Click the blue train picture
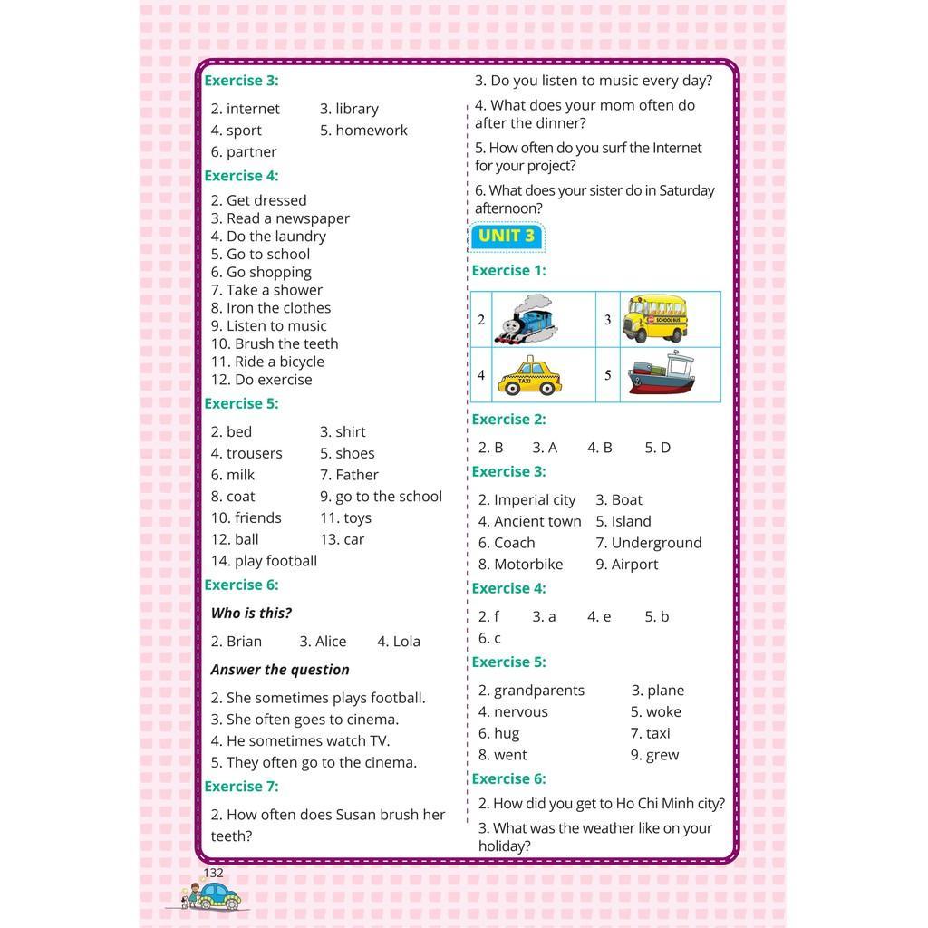click(x=527, y=320)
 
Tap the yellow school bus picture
click(x=655, y=318)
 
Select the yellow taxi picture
click(x=529, y=375)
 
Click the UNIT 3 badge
click(x=507, y=237)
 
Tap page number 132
click(x=213, y=873)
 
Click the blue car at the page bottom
click(x=218, y=896)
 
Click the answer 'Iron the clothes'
click(x=278, y=308)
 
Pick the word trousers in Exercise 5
click(x=254, y=453)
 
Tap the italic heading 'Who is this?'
click(x=251, y=614)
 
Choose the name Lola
click(x=406, y=642)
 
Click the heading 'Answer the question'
click(x=280, y=670)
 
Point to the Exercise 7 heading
click(x=241, y=787)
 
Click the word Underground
click(x=656, y=543)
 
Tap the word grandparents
click(x=538, y=691)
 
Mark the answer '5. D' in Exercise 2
click(x=657, y=448)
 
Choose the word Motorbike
click(x=528, y=565)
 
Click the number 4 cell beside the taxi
click(x=481, y=375)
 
